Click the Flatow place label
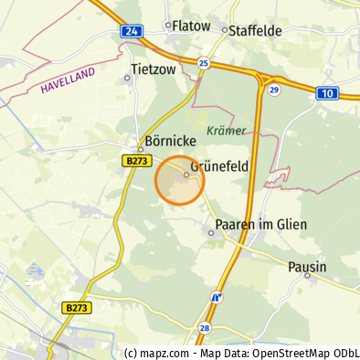(191, 26)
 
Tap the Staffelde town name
(256, 30)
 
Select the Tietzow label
(154, 69)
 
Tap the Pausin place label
(308, 266)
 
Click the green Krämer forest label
(227, 131)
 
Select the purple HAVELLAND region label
(67, 84)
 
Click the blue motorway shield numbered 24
(132, 31)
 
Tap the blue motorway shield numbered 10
(327, 93)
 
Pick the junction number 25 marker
(203, 63)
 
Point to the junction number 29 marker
(273, 90)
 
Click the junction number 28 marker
(205, 328)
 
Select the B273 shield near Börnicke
(136, 161)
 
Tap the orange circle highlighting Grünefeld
(180, 180)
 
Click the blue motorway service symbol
(217, 297)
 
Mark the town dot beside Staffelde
(225, 30)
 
